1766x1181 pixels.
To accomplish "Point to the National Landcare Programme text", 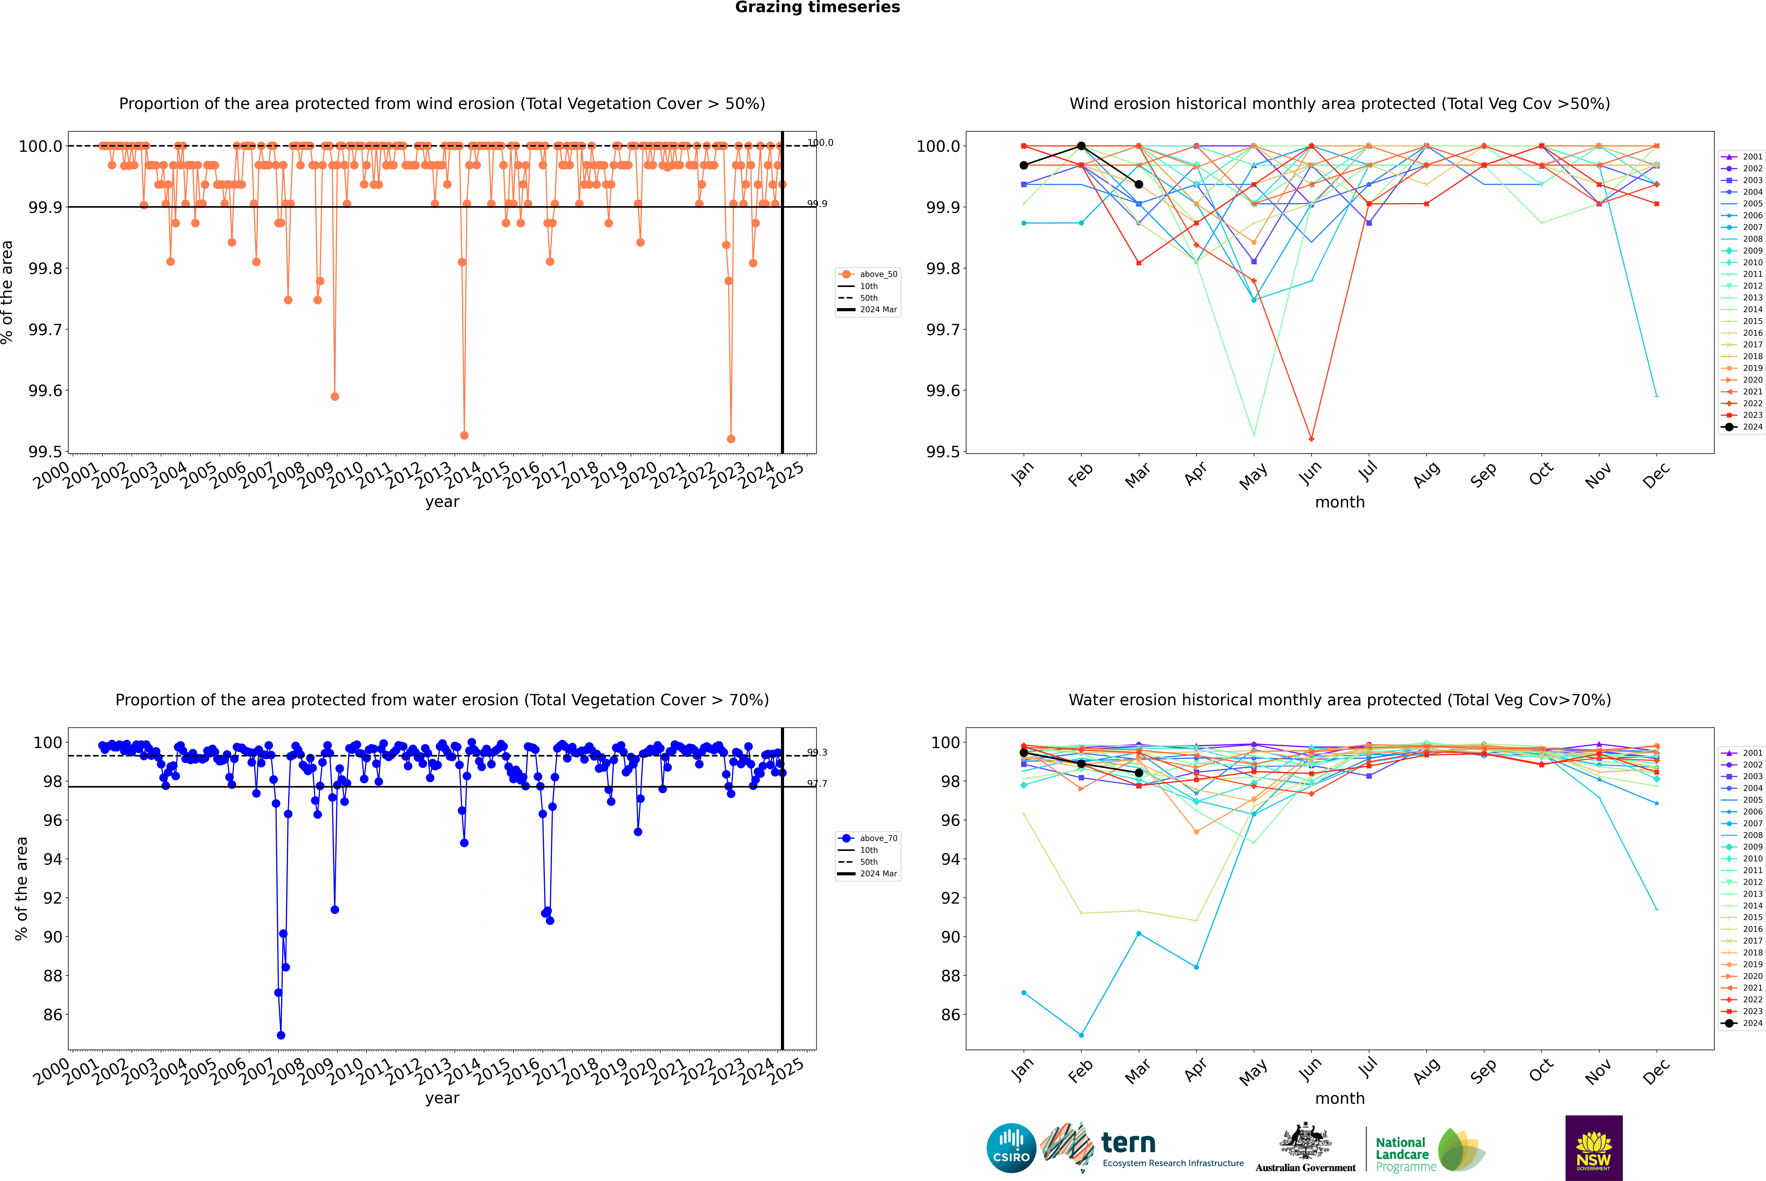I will (x=1402, y=1154).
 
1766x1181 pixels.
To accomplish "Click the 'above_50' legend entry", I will (x=878, y=274).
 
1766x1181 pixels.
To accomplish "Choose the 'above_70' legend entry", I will (x=878, y=838).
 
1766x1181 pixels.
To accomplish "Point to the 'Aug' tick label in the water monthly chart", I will (x=1426, y=1070).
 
